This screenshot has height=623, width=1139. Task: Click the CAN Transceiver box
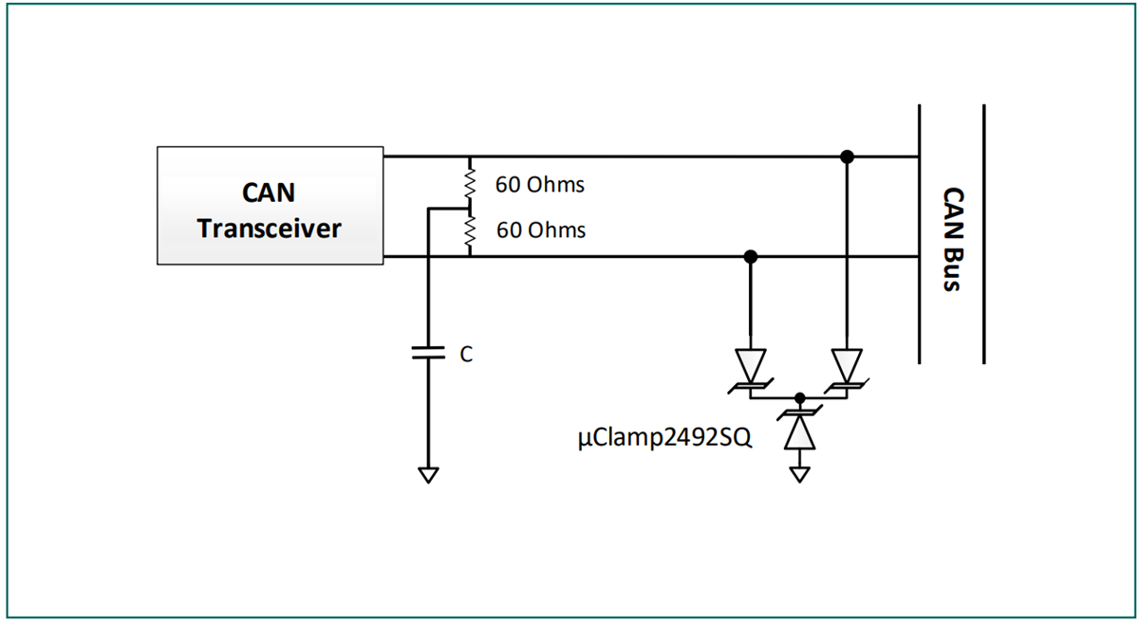click(270, 205)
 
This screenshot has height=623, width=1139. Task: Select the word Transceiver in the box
click(270, 229)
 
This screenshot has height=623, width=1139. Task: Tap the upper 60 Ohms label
click(539, 185)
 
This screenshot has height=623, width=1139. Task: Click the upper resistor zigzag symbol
click(468, 181)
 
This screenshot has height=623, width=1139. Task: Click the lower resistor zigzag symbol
click(468, 231)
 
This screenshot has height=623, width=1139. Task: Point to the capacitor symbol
click(428, 353)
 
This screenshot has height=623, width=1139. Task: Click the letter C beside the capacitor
click(466, 355)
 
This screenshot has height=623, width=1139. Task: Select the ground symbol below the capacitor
click(428, 474)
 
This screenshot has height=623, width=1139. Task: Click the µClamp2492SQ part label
click(664, 440)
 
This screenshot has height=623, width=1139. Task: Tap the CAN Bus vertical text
click(952, 238)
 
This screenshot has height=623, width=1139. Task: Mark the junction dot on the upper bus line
click(847, 156)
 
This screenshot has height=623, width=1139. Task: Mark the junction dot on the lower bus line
click(751, 256)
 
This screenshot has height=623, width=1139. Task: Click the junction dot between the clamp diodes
click(800, 397)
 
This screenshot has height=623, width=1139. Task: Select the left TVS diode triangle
click(751, 363)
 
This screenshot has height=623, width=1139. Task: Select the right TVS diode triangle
click(847, 363)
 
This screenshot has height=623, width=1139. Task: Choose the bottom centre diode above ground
click(800, 431)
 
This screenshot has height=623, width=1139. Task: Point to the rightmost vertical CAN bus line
click(983, 233)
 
